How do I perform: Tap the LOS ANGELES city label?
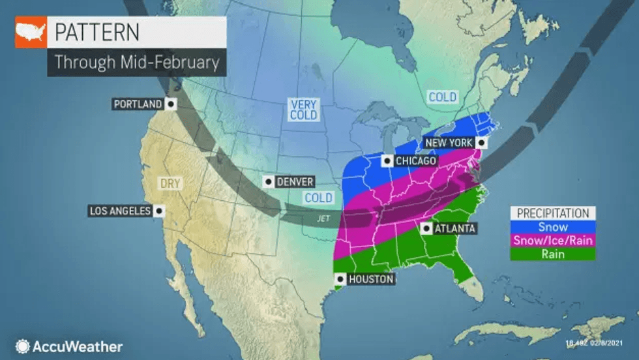click(x=121, y=211)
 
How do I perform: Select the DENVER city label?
click(x=293, y=181)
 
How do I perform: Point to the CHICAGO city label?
click(x=415, y=160)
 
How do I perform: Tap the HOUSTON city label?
click(x=370, y=279)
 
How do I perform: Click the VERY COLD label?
click(x=303, y=110)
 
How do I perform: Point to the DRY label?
click(x=170, y=184)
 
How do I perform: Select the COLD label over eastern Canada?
click(x=442, y=97)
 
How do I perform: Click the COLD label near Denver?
click(x=319, y=198)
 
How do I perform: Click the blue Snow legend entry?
click(x=552, y=227)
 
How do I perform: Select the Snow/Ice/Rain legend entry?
click(x=552, y=241)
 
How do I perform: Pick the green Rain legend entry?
click(x=552, y=254)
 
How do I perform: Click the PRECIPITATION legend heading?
click(x=552, y=213)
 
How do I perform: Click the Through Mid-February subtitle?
click(x=136, y=63)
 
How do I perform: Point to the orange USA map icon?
click(x=31, y=32)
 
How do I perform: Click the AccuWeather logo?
click(x=69, y=346)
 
